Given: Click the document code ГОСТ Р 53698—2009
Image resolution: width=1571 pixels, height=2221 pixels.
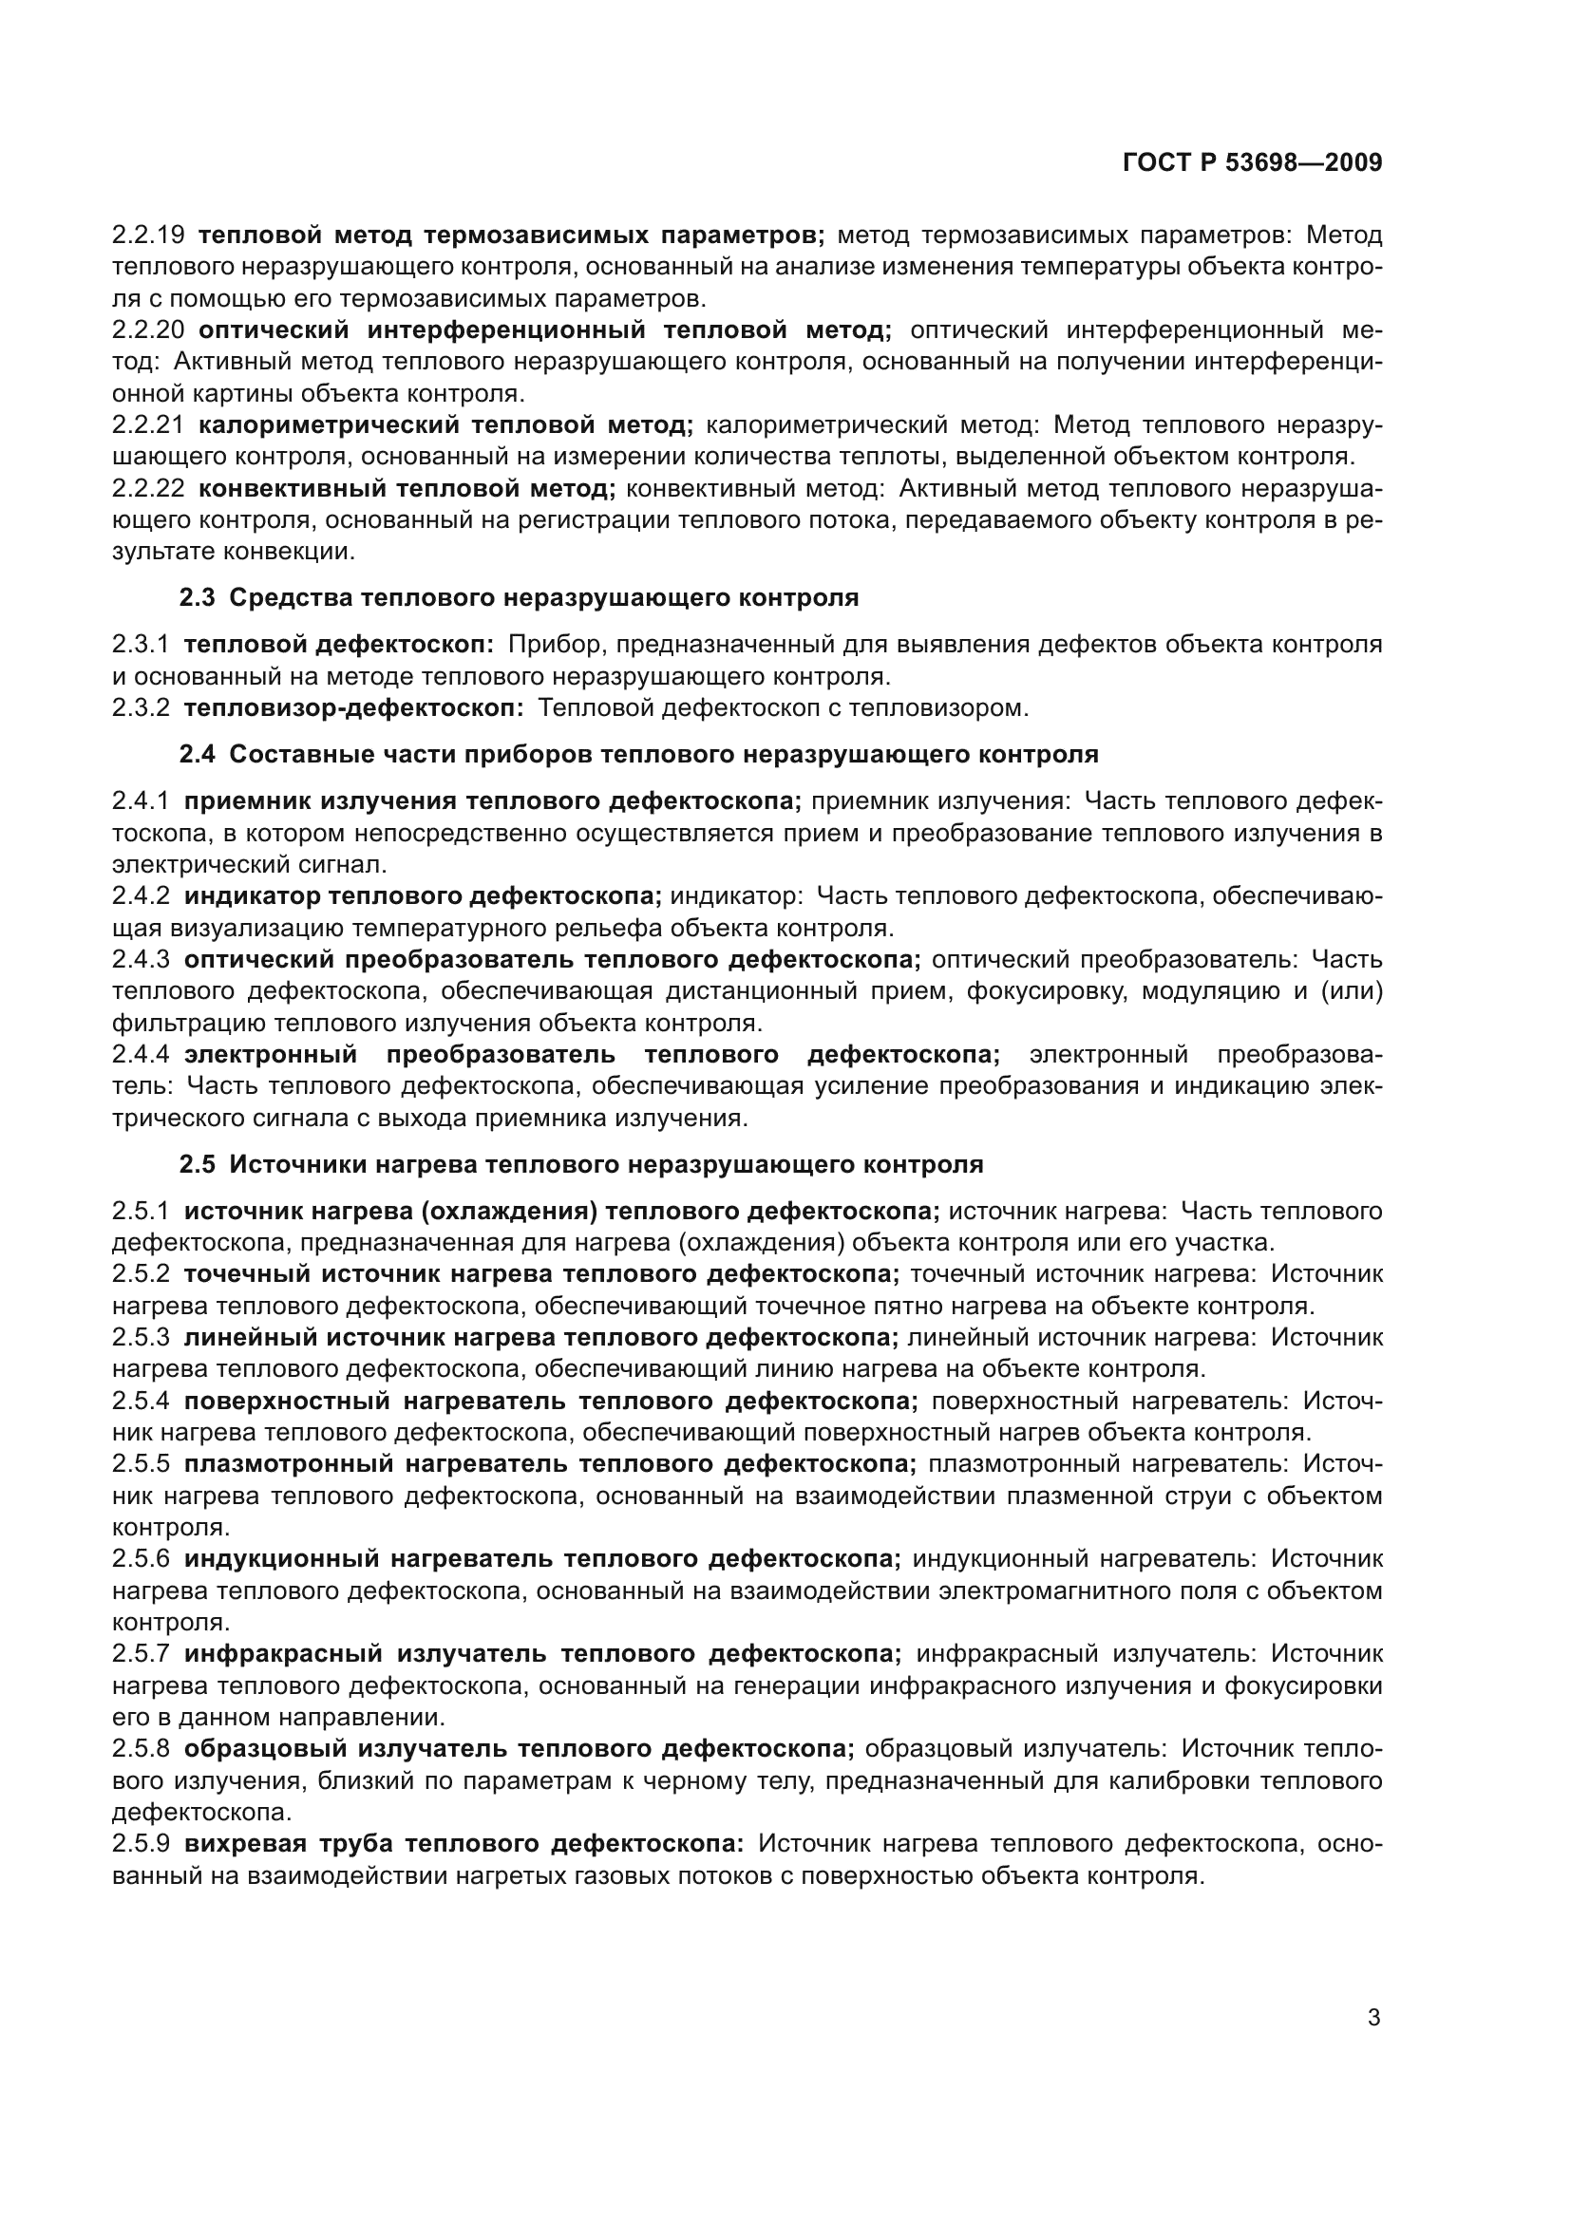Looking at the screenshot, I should tap(1252, 163).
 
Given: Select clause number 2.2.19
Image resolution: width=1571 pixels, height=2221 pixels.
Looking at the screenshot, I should tap(148, 235).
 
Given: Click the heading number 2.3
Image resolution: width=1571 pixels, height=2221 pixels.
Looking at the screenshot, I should tap(198, 598).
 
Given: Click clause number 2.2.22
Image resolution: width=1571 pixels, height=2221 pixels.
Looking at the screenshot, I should tap(148, 488).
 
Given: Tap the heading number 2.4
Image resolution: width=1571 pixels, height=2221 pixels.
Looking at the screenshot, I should tap(198, 755).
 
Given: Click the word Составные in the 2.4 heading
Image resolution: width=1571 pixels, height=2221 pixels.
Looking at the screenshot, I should tap(291, 755).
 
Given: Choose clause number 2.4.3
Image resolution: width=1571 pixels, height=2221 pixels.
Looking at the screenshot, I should tap(142, 960).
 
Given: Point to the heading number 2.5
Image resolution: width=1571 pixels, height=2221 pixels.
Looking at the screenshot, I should tap(198, 1165).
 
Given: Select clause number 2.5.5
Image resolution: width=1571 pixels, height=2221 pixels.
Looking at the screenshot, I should tap(142, 1464).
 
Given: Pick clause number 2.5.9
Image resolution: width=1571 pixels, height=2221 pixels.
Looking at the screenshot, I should tap(142, 1844).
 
